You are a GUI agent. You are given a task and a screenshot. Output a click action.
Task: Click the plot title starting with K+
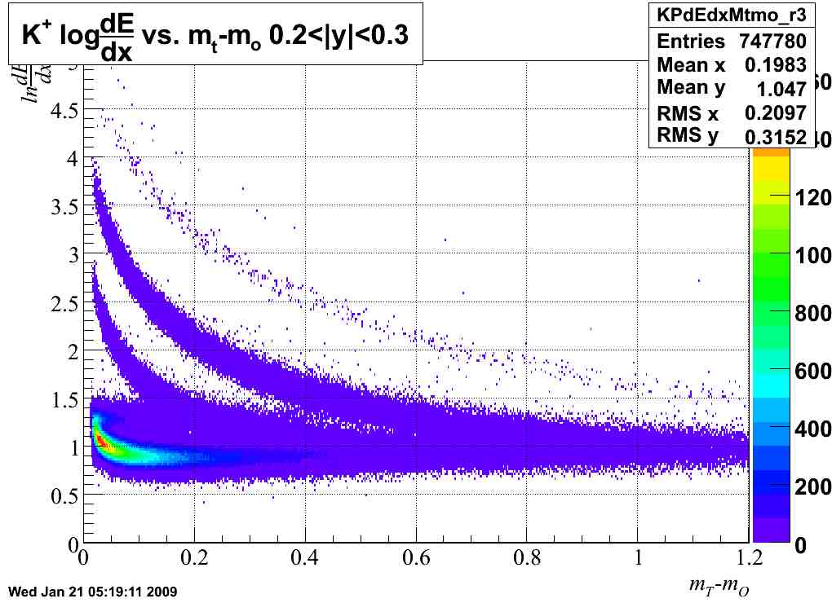click(x=215, y=34)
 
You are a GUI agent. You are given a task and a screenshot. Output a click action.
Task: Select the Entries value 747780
click(x=772, y=41)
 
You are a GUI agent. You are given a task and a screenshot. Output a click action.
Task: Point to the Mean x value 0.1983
click(x=775, y=64)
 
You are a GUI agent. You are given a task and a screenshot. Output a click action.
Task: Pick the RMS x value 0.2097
click(x=775, y=112)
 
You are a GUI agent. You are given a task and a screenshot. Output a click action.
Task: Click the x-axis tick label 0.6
click(x=416, y=561)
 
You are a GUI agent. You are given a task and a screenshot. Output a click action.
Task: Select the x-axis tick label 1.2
click(x=749, y=561)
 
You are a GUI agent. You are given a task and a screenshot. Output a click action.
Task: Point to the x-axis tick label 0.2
click(x=193, y=561)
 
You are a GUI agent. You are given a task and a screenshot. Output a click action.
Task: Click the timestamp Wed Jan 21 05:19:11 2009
click(x=91, y=590)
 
